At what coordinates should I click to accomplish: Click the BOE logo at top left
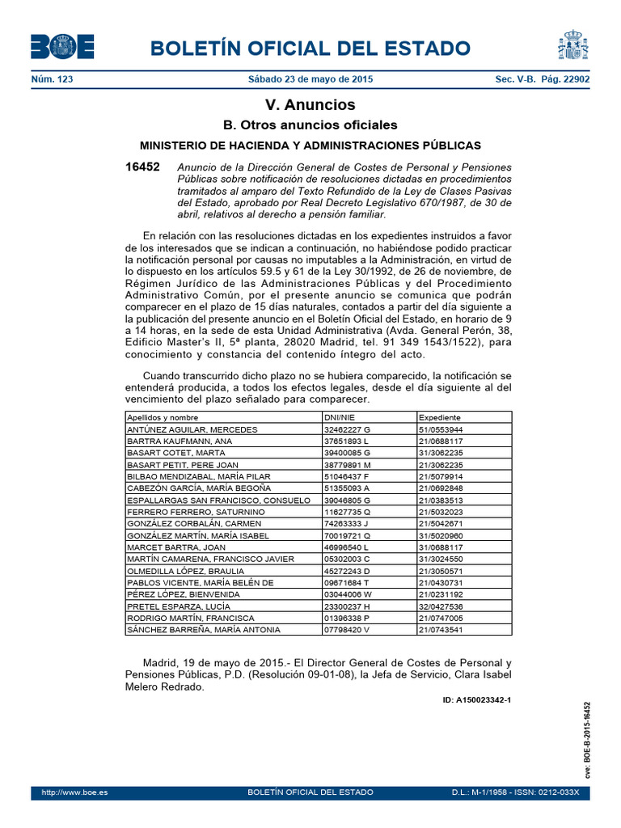click(62, 47)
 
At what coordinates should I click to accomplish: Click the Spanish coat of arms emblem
click(572, 45)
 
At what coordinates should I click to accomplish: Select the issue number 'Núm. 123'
click(51, 79)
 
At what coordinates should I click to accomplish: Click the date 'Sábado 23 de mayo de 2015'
click(310, 79)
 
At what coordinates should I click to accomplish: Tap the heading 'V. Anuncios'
click(310, 105)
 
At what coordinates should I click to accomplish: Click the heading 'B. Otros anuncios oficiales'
click(310, 125)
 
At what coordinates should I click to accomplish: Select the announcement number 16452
click(142, 167)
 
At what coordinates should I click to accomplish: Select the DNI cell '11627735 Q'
click(346, 512)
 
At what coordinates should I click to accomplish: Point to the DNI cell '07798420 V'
click(346, 630)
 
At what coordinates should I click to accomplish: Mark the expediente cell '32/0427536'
click(441, 606)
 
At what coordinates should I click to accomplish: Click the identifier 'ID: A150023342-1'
click(477, 700)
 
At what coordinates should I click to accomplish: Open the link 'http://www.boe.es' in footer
click(69, 792)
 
